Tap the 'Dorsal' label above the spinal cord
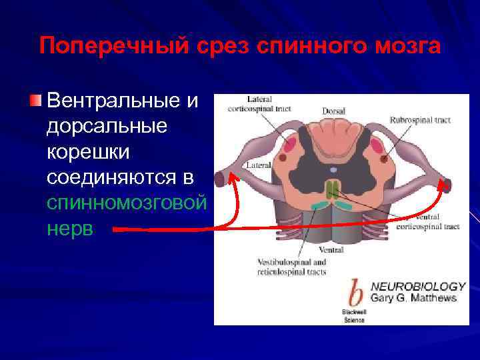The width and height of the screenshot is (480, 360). click(333, 111)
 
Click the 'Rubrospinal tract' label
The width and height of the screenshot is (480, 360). click(420, 121)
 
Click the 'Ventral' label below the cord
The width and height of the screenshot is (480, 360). click(331, 250)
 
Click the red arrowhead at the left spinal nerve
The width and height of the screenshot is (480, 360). click(233, 177)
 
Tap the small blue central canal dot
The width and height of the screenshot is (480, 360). click(333, 169)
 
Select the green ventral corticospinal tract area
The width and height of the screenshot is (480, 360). click(333, 189)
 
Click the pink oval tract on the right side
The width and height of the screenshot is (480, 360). click(377, 145)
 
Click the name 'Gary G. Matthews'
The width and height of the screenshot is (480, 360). click(413, 298)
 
